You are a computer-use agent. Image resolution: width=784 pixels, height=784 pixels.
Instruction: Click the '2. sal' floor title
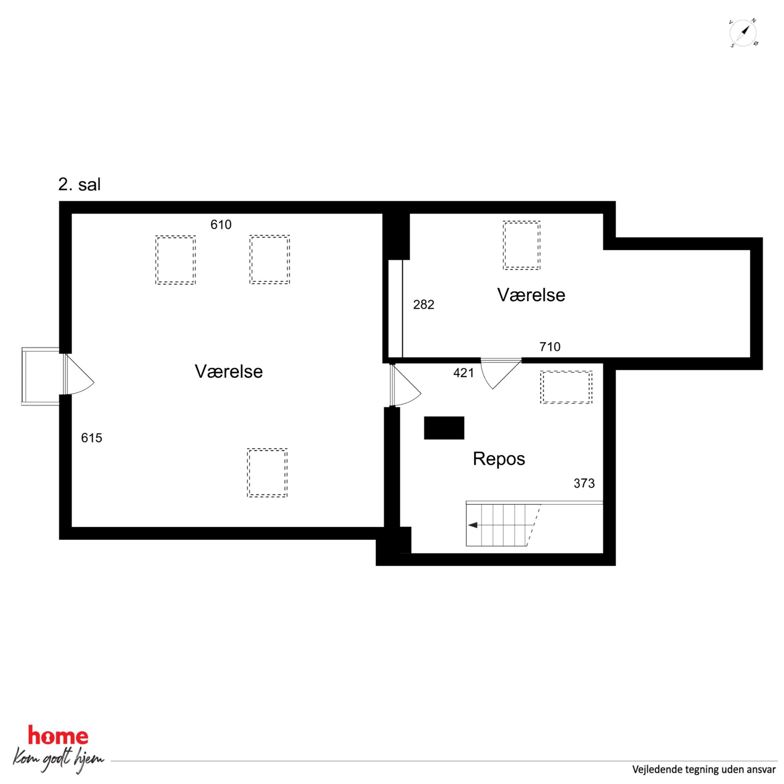pos(79,185)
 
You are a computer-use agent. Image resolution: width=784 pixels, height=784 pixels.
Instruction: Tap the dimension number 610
pos(221,224)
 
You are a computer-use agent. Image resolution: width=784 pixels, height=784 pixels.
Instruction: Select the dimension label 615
pos(91,438)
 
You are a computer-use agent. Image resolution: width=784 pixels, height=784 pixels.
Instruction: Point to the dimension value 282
pos(424,304)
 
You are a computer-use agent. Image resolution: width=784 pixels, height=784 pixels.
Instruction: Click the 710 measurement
pos(550,347)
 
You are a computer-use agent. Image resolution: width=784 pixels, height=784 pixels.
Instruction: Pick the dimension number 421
pos(464,373)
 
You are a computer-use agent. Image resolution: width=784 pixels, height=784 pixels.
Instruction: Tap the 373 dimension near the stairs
pos(584,483)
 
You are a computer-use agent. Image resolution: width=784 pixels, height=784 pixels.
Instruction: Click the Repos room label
pos(499,459)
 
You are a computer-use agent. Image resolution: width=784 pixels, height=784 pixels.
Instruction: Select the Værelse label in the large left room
pos(228,371)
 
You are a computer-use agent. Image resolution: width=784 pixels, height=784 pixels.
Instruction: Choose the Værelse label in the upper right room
pos(531,295)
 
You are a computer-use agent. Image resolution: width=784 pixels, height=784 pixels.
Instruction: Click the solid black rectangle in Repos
pos(444,428)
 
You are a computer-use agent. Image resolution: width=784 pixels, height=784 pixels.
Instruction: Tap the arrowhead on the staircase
pos(473,525)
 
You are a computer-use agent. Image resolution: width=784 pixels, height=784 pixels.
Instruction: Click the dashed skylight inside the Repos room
pos(566,387)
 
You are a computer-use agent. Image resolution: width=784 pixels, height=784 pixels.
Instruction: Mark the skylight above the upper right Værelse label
pos(522,245)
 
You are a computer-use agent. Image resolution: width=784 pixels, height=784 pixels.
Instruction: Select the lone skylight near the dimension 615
pos(267,473)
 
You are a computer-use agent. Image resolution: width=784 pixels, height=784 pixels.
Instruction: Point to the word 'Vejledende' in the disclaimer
pos(654,770)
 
